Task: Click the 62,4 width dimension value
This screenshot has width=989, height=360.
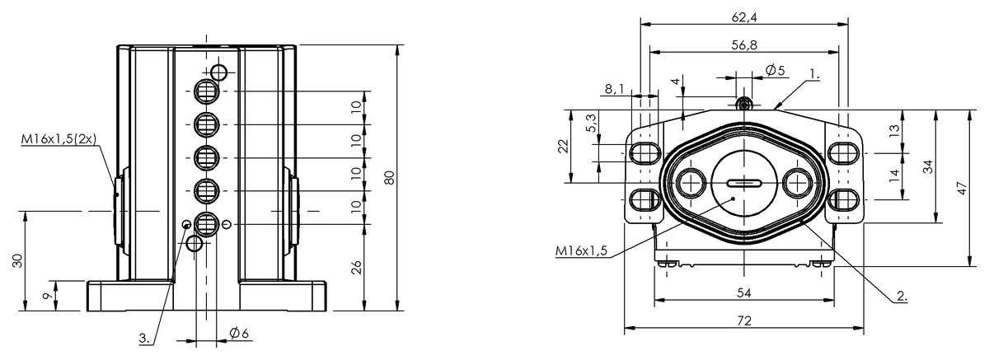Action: pos(744,17)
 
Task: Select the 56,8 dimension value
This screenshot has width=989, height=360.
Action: pos(744,45)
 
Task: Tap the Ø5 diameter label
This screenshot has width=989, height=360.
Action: pos(776,70)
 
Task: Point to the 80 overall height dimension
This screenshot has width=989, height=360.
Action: pos(389,177)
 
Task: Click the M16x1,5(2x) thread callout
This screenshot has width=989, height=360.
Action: pos(59,139)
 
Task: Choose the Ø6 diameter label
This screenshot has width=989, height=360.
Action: pos(239,333)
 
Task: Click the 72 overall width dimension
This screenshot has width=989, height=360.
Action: pos(744,320)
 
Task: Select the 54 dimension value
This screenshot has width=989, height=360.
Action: pos(744,293)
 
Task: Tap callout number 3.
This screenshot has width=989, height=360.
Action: pos(145,339)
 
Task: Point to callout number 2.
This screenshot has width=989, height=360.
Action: pos(902,296)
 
